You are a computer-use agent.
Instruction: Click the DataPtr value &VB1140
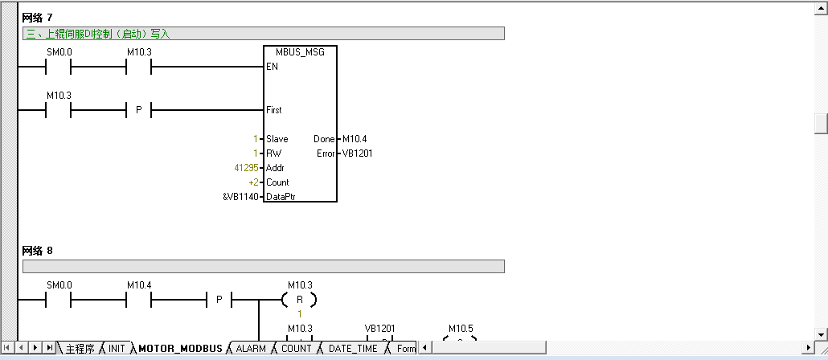point(240,197)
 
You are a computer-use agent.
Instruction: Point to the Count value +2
point(253,182)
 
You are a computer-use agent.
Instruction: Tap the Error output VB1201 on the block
point(357,153)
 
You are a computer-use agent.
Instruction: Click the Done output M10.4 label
point(354,139)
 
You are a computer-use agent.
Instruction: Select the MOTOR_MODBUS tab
point(180,349)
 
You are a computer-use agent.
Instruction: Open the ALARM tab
point(251,349)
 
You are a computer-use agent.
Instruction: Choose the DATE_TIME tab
point(353,349)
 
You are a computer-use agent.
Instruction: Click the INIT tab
point(117,349)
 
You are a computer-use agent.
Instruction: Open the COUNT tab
point(296,349)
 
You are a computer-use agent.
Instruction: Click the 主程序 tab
point(80,349)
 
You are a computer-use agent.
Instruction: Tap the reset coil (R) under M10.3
point(299,301)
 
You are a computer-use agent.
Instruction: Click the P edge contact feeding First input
point(138,110)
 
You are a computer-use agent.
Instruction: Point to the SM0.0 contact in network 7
point(59,67)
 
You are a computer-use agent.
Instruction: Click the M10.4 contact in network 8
point(139,301)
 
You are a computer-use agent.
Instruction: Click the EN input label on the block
point(272,67)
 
